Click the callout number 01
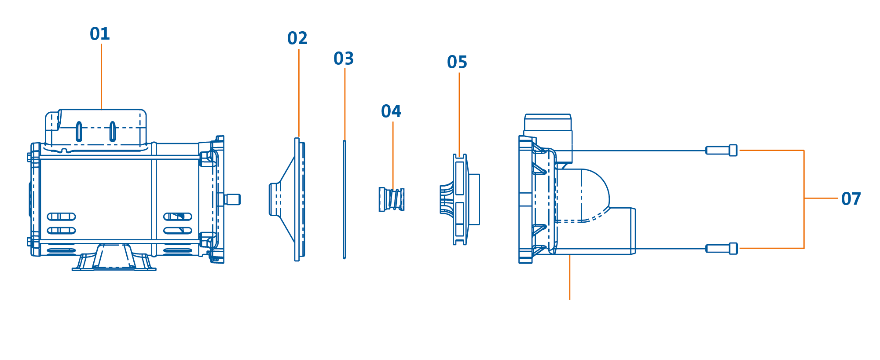point(100,34)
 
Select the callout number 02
point(297,38)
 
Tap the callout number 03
point(344,59)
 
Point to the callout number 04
point(391,111)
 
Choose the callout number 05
point(457,62)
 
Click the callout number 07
point(851,199)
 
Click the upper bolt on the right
point(722,150)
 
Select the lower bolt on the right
point(722,249)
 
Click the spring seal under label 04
point(392,199)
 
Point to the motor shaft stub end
point(233,199)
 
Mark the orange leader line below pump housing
point(570,277)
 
